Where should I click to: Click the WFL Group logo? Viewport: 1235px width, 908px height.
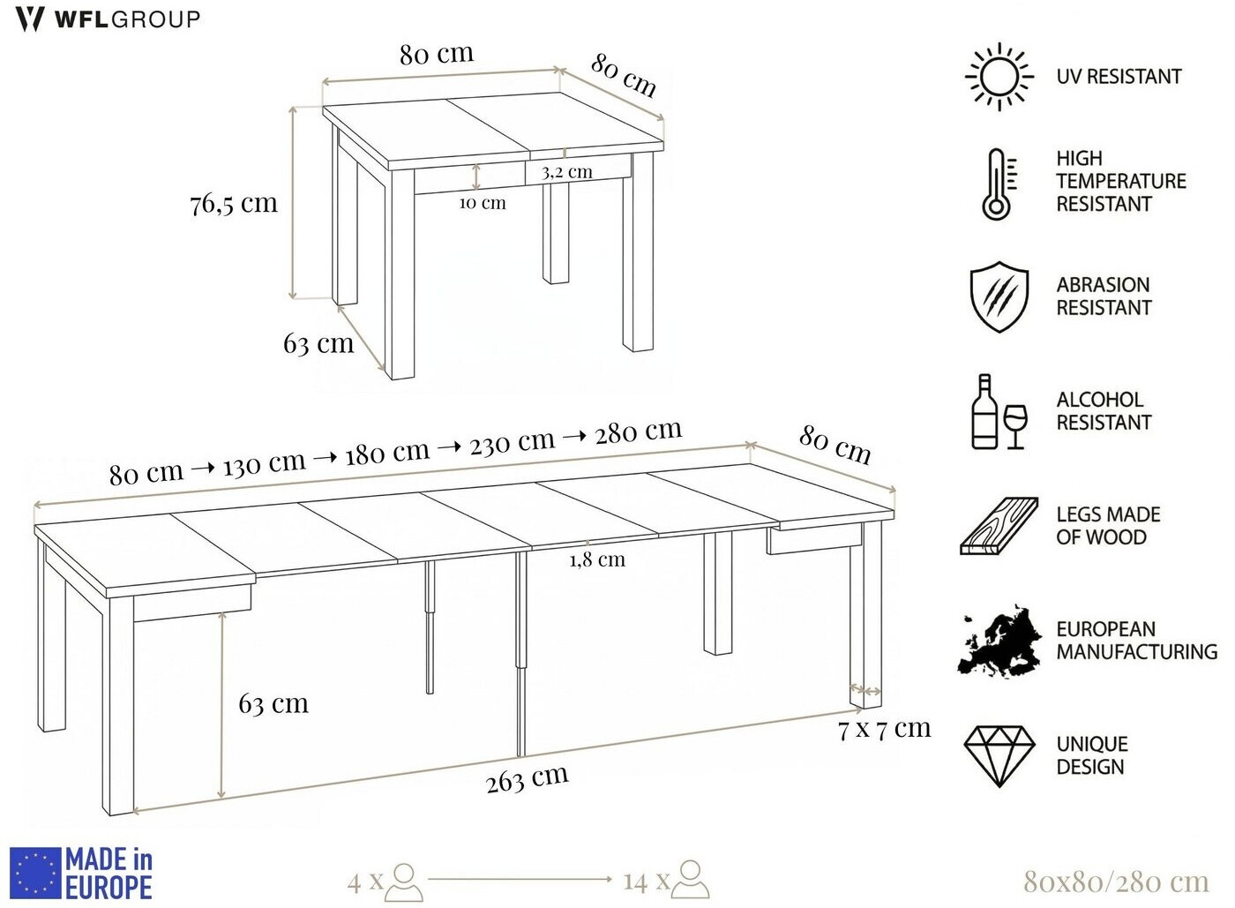[108, 19]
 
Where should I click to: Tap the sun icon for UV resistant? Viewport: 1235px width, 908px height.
[999, 77]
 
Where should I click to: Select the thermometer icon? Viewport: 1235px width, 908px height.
[999, 184]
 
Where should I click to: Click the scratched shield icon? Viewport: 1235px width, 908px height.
[999, 296]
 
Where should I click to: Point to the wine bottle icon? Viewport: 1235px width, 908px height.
[984, 411]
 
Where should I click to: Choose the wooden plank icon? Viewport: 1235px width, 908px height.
[999, 526]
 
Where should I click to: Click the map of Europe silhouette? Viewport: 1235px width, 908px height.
[999, 641]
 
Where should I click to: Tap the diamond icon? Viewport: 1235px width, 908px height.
[999, 756]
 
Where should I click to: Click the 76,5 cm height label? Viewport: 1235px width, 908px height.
[234, 204]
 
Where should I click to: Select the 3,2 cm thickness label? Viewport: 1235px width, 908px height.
[566, 172]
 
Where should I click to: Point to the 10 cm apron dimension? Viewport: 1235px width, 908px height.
[483, 203]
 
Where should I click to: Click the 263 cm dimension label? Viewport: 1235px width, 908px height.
[528, 778]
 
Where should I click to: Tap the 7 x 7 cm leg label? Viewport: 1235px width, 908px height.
[884, 729]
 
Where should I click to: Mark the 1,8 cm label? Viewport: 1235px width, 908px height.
[598, 560]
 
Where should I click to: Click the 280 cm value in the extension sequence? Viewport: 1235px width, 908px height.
[639, 431]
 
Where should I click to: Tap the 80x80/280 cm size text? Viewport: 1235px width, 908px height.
[1116, 881]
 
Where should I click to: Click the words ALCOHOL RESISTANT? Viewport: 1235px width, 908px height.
[1104, 411]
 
